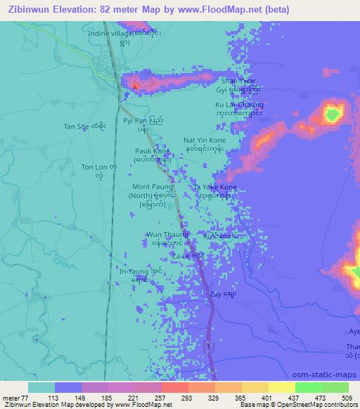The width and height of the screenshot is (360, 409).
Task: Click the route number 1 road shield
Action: [209, 346]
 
